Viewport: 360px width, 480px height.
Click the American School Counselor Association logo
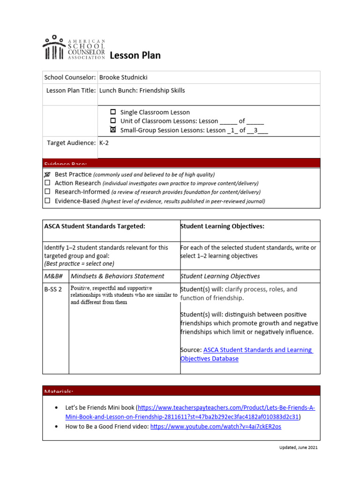(x=74, y=48)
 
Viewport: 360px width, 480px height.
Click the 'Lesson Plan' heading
(x=135, y=55)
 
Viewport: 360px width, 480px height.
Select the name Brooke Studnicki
(x=123, y=77)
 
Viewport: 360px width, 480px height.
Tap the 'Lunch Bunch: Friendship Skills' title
(x=142, y=90)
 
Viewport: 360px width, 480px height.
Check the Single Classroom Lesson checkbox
(x=113, y=112)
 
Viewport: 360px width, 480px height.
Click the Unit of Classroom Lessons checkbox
(x=113, y=121)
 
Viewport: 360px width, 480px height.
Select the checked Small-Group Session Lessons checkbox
(x=113, y=130)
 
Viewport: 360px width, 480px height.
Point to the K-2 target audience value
(x=104, y=142)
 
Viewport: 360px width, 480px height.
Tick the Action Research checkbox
(x=47, y=183)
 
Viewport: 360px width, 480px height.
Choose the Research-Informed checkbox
(x=47, y=192)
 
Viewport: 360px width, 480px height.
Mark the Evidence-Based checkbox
(x=47, y=201)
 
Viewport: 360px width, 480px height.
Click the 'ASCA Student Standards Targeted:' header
(x=95, y=226)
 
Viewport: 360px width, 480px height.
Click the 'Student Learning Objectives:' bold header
(x=222, y=226)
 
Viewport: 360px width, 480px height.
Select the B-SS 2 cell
(x=53, y=290)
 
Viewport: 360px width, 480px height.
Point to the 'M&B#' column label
(x=53, y=276)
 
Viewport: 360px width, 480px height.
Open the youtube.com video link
(x=216, y=427)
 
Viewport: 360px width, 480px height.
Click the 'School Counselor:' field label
(x=70, y=77)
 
